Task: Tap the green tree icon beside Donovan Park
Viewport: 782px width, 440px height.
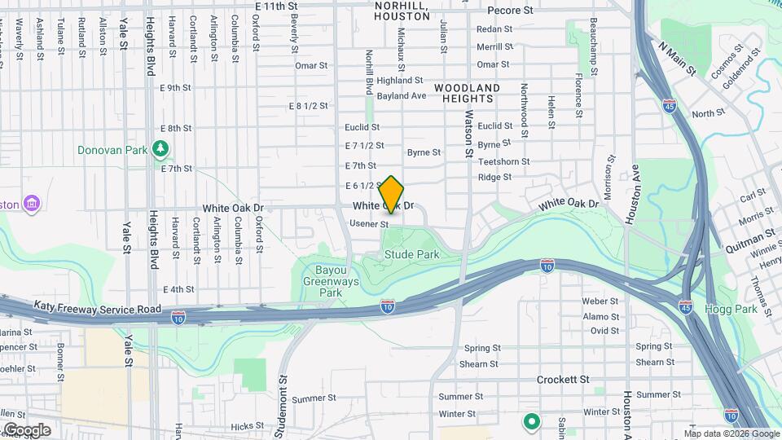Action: pyautogui.click(x=161, y=148)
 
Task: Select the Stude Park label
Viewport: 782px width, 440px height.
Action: pyautogui.click(x=412, y=254)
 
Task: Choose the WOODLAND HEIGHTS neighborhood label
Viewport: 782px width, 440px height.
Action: pyautogui.click(x=467, y=93)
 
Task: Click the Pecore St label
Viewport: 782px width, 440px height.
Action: pyautogui.click(x=510, y=11)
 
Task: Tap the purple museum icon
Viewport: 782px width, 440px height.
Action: pyautogui.click(x=32, y=203)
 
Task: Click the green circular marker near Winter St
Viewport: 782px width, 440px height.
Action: pyautogui.click(x=532, y=421)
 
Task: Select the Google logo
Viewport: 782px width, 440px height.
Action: pyautogui.click(x=26, y=430)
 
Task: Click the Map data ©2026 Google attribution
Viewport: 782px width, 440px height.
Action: pyautogui.click(x=731, y=433)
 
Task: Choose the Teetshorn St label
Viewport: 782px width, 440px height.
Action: pyautogui.click(x=503, y=161)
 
